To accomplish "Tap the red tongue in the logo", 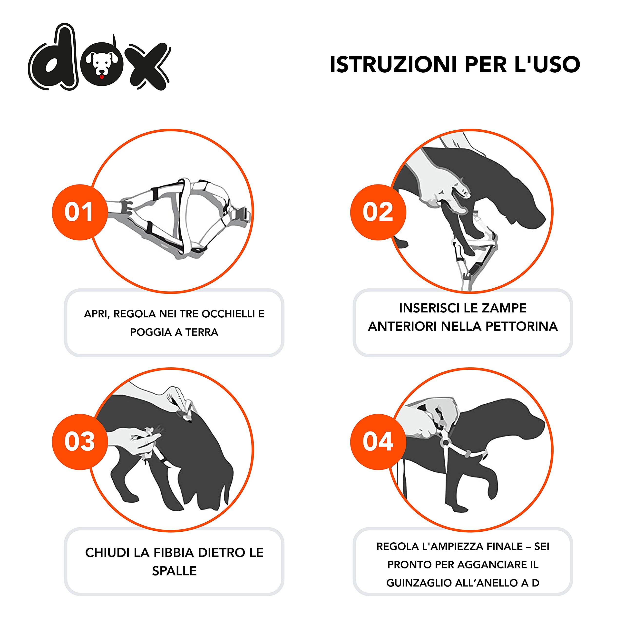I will pyautogui.click(x=102, y=77).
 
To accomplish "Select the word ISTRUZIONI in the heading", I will pyautogui.click(x=393, y=65).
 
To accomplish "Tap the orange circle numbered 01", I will pyautogui.click(x=79, y=212).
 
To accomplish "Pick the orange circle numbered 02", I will pyautogui.click(x=378, y=212).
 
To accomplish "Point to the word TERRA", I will pyautogui.click(x=202, y=332).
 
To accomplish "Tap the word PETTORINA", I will pyautogui.click(x=522, y=327).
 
